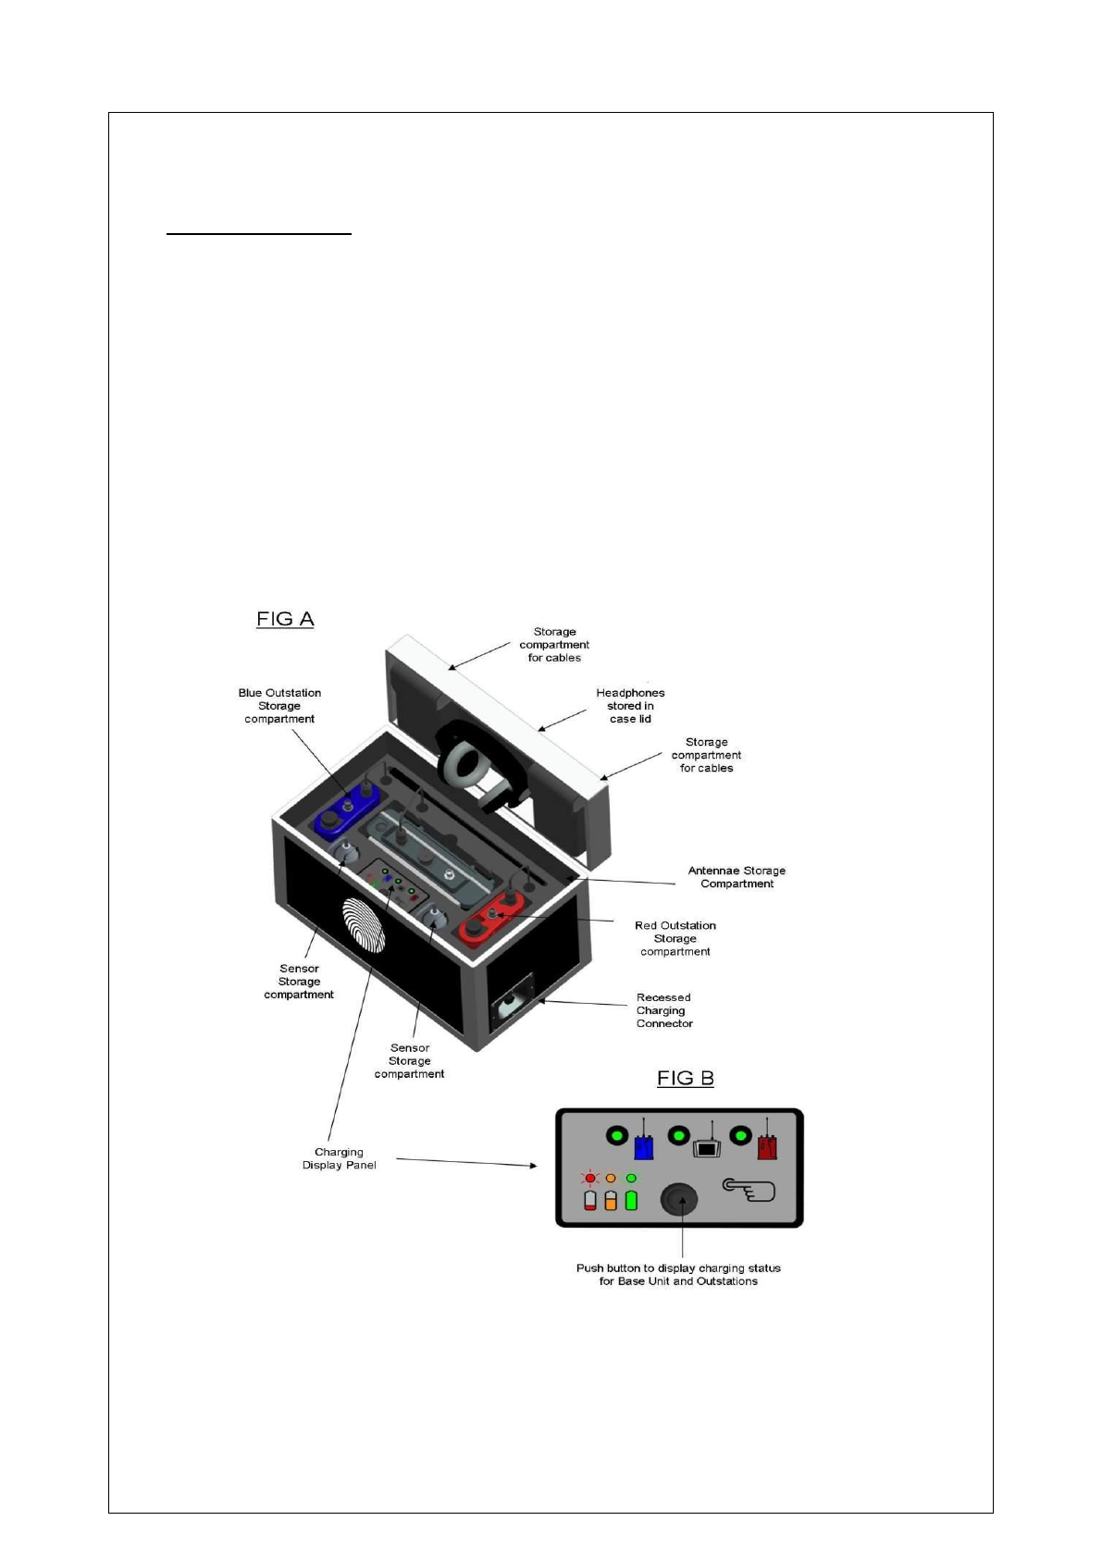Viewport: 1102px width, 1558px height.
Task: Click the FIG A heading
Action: [285, 619]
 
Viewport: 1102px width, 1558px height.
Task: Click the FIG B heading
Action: [685, 1078]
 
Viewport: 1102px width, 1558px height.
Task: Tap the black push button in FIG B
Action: [678, 1200]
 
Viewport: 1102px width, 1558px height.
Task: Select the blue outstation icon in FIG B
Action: [644, 1145]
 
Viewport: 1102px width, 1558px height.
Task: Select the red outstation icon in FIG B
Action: [767, 1145]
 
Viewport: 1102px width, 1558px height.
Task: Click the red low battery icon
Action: [590, 1200]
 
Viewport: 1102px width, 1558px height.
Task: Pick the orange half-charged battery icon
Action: [611, 1200]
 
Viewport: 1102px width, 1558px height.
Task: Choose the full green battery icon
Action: [631, 1200]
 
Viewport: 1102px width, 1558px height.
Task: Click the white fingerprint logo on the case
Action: [364, 925]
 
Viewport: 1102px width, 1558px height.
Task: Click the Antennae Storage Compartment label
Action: [737, 877]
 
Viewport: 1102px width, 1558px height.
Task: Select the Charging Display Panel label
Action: [339, 1158]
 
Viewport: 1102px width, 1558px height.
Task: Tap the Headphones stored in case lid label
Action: [630, 706]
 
